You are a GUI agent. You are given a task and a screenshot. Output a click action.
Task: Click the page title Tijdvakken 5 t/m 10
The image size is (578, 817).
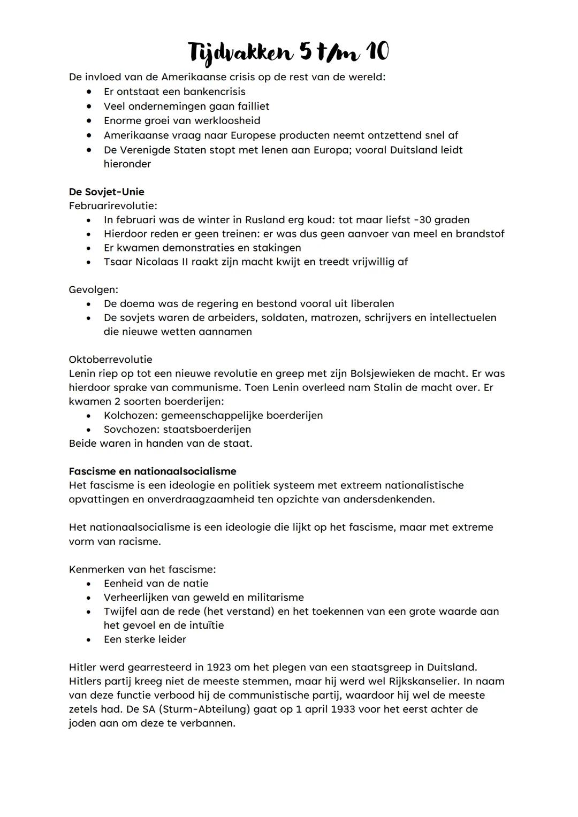point(288,52)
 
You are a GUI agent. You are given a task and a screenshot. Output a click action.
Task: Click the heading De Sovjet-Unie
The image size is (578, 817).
point(107,192)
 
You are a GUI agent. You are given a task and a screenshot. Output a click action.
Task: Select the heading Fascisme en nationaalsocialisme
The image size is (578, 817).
point(153,471)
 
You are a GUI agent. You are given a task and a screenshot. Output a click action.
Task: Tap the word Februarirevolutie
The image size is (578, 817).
point(112,205)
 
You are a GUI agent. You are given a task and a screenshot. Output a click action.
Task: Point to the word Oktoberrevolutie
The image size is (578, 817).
point(110,360)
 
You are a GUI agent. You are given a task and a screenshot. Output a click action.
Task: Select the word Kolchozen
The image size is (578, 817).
point(130,415)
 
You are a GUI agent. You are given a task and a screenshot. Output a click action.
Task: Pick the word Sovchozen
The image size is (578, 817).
point(131,429)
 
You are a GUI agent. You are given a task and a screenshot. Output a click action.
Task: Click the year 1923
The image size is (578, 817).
point(219,667)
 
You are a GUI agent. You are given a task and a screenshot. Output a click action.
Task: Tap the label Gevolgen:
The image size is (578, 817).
point(94,289)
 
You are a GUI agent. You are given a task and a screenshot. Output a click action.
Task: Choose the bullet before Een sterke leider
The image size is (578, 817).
point(89,639)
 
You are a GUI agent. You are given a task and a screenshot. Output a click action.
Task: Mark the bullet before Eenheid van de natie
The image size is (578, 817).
point(89,584)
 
